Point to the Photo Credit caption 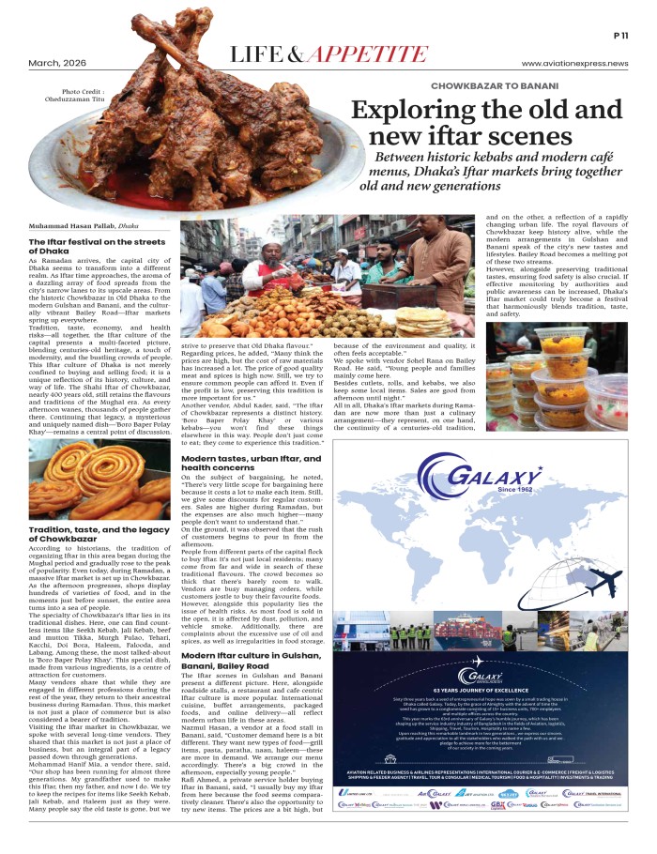click(65, 97)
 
